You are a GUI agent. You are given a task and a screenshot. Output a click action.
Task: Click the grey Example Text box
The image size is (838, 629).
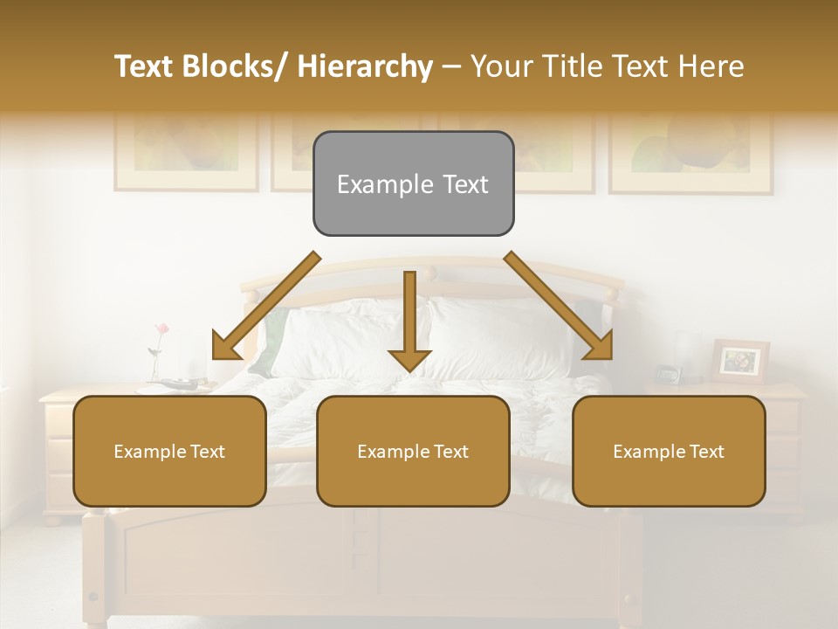(413, 183)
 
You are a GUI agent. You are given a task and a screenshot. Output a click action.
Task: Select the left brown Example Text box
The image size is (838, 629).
(169, 451)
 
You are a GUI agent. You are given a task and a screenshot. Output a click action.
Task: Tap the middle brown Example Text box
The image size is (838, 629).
(413, 451)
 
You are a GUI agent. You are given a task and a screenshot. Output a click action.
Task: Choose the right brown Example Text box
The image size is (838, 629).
(669, 451)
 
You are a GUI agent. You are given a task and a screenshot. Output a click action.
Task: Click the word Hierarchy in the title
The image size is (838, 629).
(364, 66)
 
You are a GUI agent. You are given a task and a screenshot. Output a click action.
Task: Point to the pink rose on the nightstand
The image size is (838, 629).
(161, 329)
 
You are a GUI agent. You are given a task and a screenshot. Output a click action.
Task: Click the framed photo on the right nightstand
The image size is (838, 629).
(740, 361)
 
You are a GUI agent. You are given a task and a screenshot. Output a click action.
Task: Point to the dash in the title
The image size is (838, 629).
(451, 66)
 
